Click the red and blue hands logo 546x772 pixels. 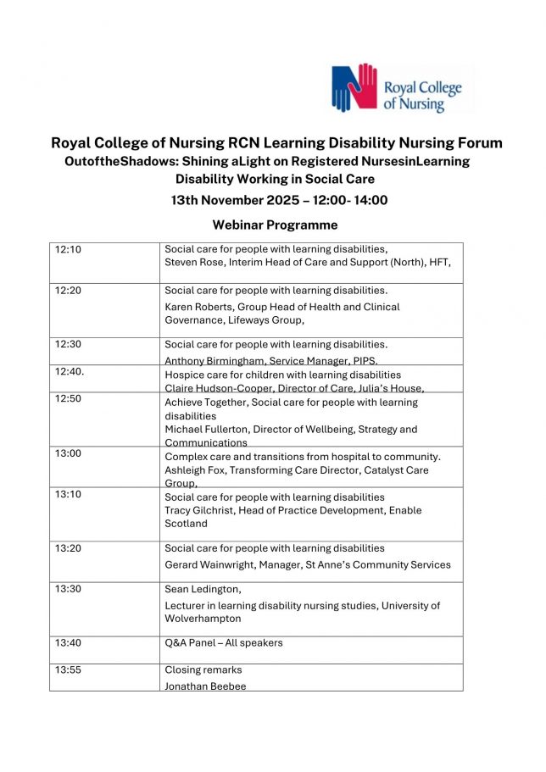click(354, 87)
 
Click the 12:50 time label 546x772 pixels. click(68, 399)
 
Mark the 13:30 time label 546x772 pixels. click(68, 589)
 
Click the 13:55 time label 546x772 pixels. click(68, 670)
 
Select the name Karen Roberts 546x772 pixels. click(198, 307)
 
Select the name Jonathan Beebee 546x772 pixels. click(205, 686)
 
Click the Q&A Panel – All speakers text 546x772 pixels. click(224, 642)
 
